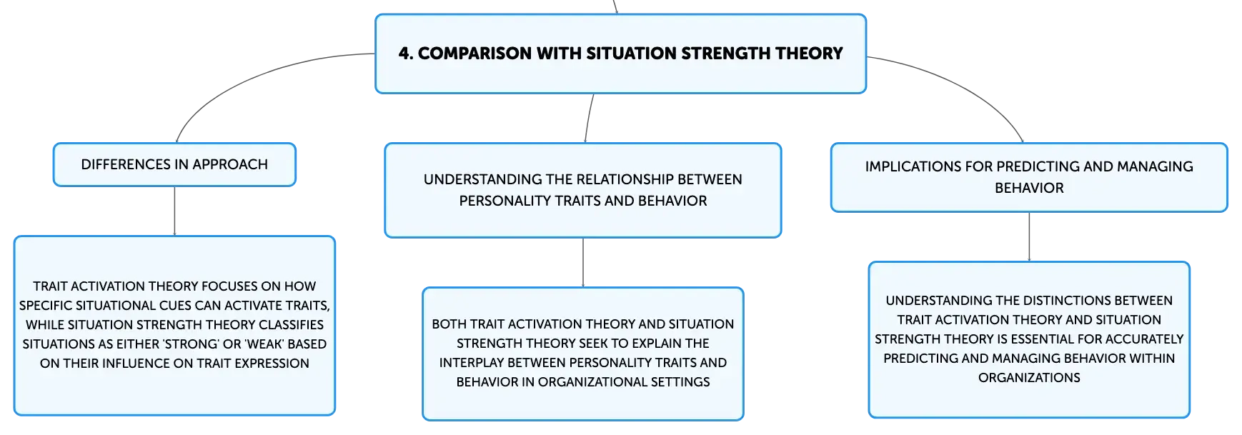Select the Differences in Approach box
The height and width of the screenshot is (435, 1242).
pos(174,165)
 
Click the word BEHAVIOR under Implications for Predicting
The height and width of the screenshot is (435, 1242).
pos(1029,189)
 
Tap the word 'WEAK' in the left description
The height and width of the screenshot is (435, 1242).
pos(264,344)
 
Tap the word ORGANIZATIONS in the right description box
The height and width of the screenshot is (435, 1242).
pos(1029,378)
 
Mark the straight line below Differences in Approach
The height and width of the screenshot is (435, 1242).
pos(174,211)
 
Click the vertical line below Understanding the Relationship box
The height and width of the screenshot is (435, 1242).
pos(583,263)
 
